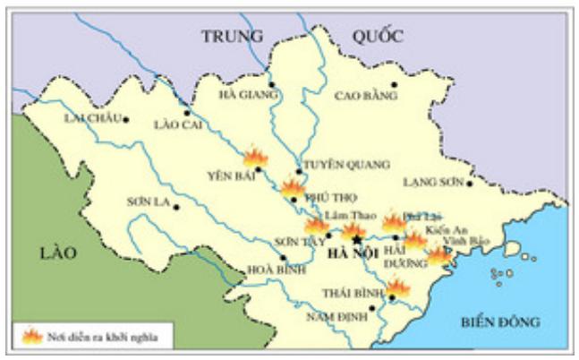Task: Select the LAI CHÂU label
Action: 91,119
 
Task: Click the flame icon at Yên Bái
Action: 255,157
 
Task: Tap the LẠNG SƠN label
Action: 435,182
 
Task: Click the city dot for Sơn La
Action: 176,207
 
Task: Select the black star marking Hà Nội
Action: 357,240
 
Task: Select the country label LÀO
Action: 61,253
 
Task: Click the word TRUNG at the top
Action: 232,37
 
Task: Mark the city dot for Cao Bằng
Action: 394,84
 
